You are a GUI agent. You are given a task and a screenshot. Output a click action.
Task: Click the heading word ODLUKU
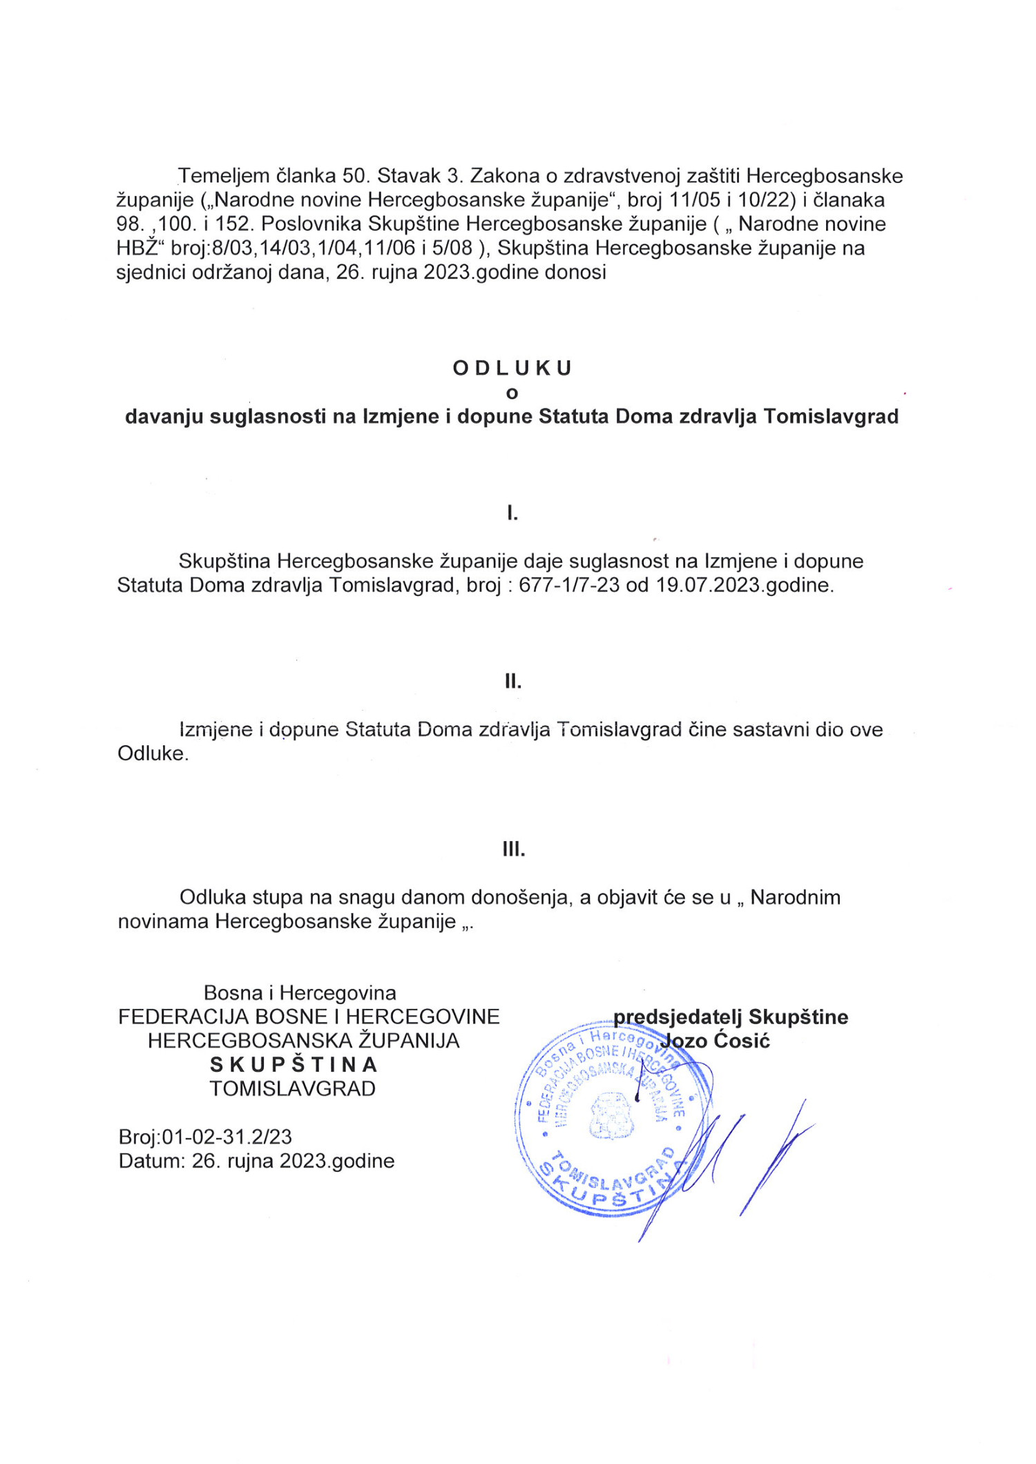(512, 368)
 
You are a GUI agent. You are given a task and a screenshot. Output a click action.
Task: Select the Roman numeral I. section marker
(512, 513)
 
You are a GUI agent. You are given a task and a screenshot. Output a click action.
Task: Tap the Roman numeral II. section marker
(512, 682)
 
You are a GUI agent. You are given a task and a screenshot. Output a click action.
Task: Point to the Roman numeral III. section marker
(513, 849)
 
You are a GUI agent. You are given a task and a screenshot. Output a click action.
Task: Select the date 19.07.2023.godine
(745, 585)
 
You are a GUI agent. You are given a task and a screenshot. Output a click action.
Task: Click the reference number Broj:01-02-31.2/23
(205, 1137)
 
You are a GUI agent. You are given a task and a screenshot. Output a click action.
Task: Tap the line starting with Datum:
(256, 1161)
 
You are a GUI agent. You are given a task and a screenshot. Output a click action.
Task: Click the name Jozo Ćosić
(715, 1041)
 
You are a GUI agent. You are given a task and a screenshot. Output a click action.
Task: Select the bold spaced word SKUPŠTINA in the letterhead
(294, 1065)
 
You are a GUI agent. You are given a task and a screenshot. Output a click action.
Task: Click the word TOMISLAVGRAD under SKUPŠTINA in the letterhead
(293, 1089)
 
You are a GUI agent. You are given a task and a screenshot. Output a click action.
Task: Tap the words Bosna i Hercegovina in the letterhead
(300, 993)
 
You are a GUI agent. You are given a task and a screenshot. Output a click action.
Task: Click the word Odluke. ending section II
(153, 753)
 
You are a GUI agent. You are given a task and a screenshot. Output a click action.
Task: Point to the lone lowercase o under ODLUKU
(512, 393)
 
